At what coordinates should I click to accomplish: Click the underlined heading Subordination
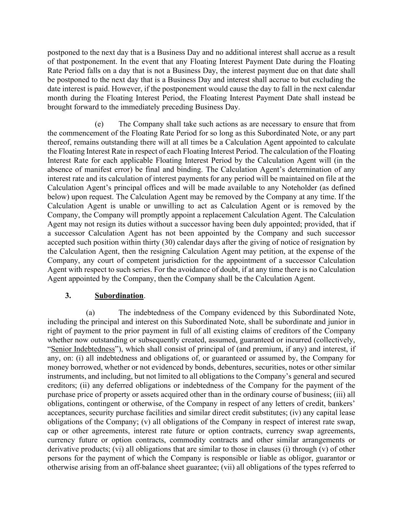tap(119, 296)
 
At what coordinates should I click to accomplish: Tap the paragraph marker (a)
tap(91, 312)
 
